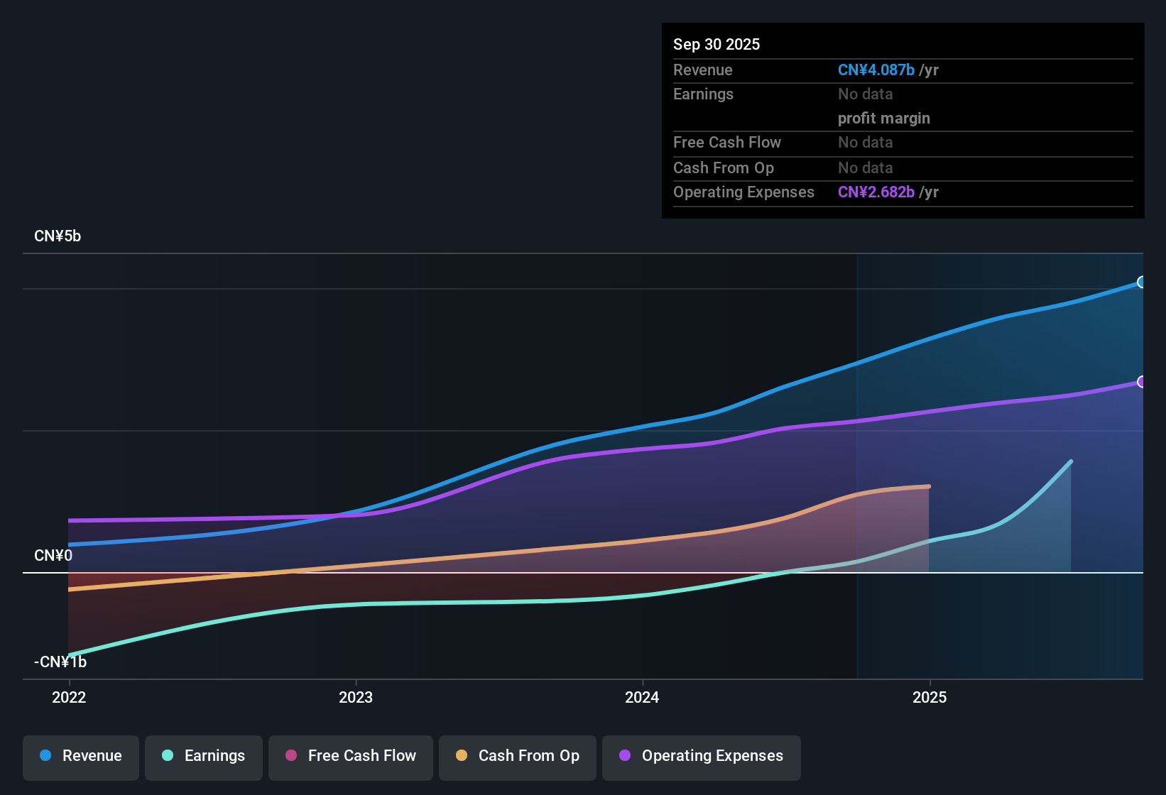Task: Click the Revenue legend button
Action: click(x=81, y=756)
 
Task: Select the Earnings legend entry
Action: click(x=204, y=756)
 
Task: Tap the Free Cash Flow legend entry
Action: click(x=351, y=756)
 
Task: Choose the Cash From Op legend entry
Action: click(x=518, y=756)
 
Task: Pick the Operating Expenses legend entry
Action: click(x=702, y=756)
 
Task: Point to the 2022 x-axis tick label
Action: click(x=69, y=697)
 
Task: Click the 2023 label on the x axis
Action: click(x=356, y=697)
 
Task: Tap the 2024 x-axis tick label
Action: click(x=642, y=697)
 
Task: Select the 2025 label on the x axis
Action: click(x=930, y=697)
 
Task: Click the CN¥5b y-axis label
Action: click(x=58, y=236)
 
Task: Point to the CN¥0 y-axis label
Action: click(x=53, y=555)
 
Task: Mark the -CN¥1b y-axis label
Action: click(x=60, y=662)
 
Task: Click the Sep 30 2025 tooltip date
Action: click(x=717, y=44)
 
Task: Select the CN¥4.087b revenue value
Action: click(x=876, y=70)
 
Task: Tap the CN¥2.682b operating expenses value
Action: click(x=876, y=192)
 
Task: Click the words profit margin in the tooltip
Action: click(x=883, y=119)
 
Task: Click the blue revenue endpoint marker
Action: click(x=1141, y=282)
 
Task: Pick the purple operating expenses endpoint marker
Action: click(x=1141, y=382)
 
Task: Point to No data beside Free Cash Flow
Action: click(x=865, y=143)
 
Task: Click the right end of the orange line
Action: click(x=929, y=486)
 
